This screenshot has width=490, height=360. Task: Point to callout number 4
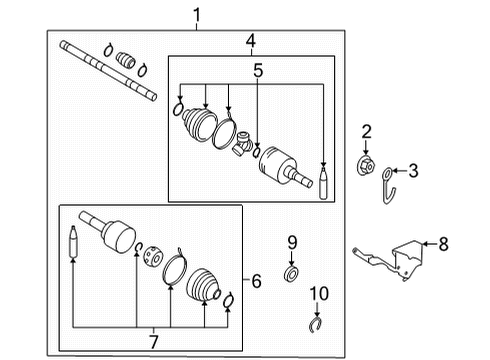251,41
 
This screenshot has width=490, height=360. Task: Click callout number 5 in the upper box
258,71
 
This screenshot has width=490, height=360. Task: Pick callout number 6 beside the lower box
256,282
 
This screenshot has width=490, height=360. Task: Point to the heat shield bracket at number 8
400,258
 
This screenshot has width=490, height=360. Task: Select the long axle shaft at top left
108,70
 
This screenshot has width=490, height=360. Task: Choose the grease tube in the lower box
73,243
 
